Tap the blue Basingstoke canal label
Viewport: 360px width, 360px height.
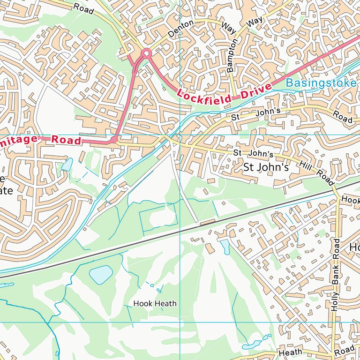[x=321, y=83]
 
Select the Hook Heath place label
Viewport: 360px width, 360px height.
[x=155, y=303]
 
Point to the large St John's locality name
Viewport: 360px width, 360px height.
[x=264, y=167]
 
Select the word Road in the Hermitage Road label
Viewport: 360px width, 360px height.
[x=66, y=140]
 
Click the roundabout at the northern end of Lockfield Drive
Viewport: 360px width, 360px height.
[x=146, y=53]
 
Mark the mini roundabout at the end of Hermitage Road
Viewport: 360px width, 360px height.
[x=113, y=140]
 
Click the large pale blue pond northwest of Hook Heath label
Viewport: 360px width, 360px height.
[x=101, y=274]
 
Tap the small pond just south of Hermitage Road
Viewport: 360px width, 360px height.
[x=67, y=165]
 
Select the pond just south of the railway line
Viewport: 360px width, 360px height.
[x=225, y=247]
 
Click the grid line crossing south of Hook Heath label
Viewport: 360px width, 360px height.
[x=180, y=322]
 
